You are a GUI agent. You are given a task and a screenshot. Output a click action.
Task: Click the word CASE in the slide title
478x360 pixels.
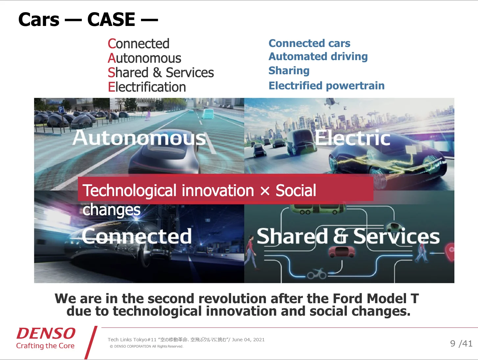point(111,19)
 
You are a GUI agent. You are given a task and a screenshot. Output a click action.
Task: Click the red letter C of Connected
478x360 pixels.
point(112,43)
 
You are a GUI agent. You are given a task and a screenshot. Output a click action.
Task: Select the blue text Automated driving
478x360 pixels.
point(318,56)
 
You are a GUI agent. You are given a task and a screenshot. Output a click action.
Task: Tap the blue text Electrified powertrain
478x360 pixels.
point(326,85)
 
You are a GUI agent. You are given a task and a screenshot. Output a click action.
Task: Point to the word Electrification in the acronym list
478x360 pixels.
point(147,87)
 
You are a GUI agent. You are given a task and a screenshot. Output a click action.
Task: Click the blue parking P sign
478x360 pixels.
point(61,110)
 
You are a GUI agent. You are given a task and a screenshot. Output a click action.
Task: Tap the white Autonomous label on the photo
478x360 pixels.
point(139,138)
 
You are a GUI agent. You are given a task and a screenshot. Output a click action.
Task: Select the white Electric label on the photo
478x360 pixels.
point(352,138)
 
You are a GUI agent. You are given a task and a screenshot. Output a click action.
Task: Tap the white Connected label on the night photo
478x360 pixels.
point(136,236)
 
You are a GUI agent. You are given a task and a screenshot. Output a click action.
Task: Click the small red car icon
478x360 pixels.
point(341,252)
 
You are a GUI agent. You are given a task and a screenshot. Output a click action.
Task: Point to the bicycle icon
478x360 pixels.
point(317,274)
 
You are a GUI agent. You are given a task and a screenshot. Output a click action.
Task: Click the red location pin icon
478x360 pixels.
point(451,252)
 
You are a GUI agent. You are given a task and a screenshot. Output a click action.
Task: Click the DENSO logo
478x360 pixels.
point(46,333)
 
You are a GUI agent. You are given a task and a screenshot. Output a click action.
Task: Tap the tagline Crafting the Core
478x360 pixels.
point(45,346)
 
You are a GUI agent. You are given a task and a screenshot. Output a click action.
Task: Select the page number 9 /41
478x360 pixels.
point(461,344)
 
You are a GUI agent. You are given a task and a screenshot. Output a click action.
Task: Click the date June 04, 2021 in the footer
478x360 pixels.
point(248,340)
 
